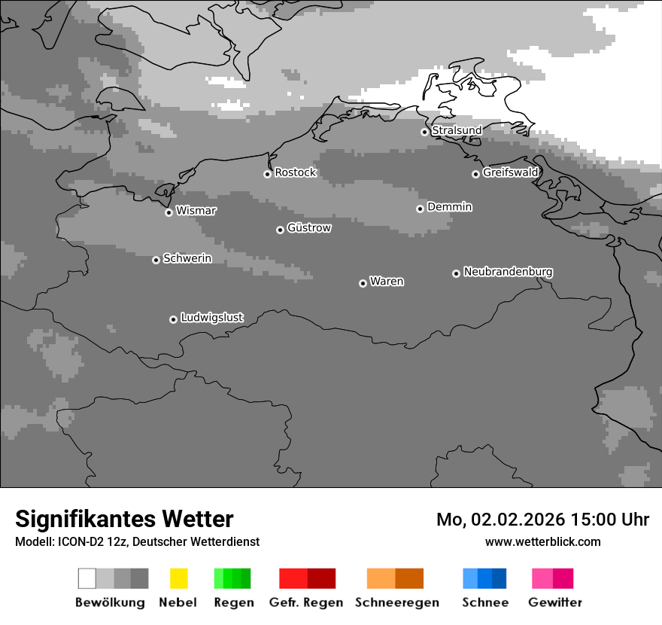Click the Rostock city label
pos(295,172)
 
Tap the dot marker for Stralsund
pos(424,132)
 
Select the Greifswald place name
pos(510,172)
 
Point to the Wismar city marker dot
pos(169,212)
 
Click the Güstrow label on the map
pos(308,227)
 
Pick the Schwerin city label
pos(187,258)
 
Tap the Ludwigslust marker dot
pos(173,319)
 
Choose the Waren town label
pos(387,282)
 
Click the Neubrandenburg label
pos(508,271)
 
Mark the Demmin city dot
pos(420,209)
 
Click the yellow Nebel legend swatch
pos(178,578)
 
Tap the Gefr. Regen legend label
pos(305,602)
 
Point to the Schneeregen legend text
pos(397,602)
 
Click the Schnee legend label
pos(485,602)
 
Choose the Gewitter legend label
pos(555,602)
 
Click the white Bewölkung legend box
pos(87,578)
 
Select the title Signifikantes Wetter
pos(124,519)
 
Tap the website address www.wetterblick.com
pos(542,541)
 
